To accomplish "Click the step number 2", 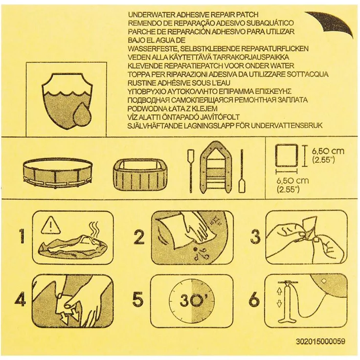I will (x=139, y=237).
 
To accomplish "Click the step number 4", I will (x=20, y=299).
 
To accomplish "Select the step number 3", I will (x=254, y=237).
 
